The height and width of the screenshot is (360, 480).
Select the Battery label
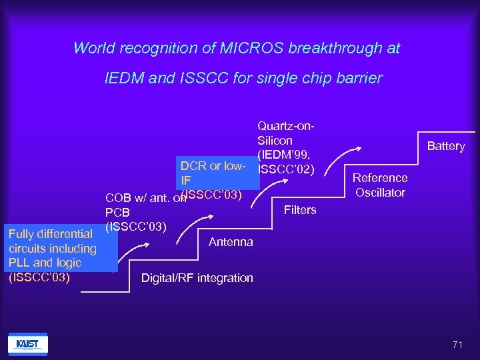[x=446, y=146]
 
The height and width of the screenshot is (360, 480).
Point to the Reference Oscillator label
[x=380, y=185]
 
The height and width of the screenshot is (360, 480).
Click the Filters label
[x=300, y=210]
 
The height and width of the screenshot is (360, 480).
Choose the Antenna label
[x=231, y=242]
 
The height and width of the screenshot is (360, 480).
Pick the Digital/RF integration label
[x=197, y=278]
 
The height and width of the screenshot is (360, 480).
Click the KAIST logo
[x=27, y=344]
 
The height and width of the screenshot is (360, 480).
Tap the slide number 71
[x=457, y=345]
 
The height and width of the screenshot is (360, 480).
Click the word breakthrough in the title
[x=332, y=49]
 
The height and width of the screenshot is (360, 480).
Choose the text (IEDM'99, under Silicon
[x=281, y=154]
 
